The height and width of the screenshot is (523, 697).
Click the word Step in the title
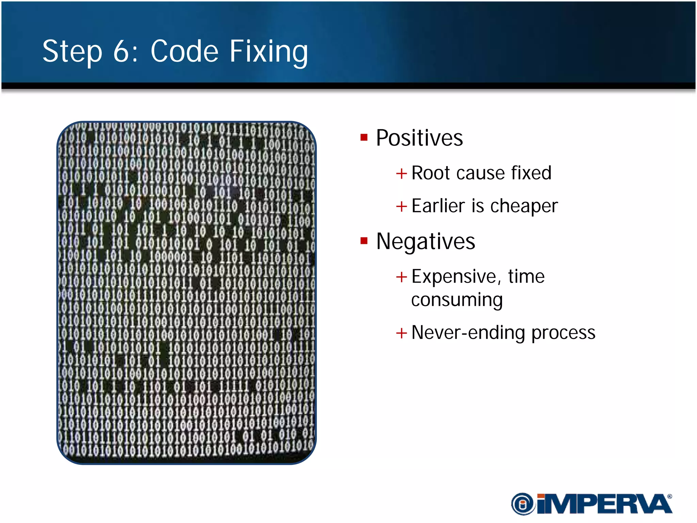click(x=72, y=52)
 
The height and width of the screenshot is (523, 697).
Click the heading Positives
click(x=419, y=138)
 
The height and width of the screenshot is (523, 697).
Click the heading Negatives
click(x=425, y=241)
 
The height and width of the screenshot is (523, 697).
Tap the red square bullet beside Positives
click(x=364, y=138)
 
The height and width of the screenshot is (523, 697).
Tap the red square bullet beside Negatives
click(x=364, y=241)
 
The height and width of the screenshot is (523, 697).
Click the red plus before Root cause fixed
click(x=402, y=174)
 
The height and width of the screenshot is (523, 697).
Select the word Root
click(x=431, y=173)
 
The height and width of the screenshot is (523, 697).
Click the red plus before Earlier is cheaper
click(x=402, y=206)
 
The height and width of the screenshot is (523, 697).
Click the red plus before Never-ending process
click(x=402, y=333)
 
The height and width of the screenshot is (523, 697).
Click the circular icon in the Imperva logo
click(x=523, y=504)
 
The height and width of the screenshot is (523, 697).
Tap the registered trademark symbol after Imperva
click(x=669, y=497)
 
